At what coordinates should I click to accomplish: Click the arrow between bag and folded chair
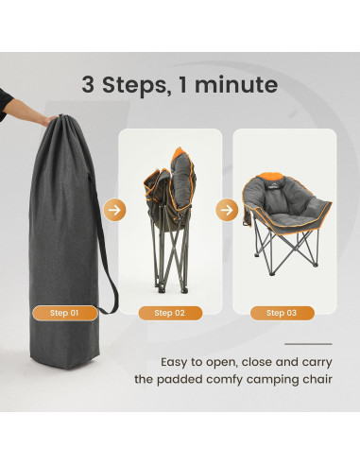point(112,209)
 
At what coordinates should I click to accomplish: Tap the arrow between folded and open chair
point(228,209)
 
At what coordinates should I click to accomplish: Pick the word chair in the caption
point(314,380)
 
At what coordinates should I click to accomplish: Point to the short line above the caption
point(307,344)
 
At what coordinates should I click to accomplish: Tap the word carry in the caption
point(314,361)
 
